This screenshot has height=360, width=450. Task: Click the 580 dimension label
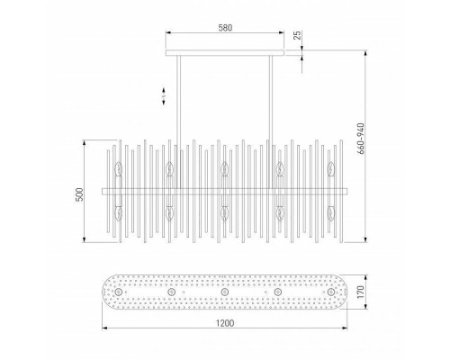tap(225, 28)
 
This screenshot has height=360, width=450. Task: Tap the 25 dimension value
tap(297, 35)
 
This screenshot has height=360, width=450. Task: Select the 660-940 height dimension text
tap(361, 139)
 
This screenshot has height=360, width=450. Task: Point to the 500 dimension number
tap(79, 194)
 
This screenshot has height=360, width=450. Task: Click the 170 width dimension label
tap(361, 292)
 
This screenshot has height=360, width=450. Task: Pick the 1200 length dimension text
tap(225, 323)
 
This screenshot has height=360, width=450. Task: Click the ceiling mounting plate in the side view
tap(225, 53)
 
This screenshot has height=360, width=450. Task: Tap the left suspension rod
tap(179, 122)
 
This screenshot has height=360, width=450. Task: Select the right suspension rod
tap(271, 122)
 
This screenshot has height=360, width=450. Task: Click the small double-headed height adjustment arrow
tap(164, 96)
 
